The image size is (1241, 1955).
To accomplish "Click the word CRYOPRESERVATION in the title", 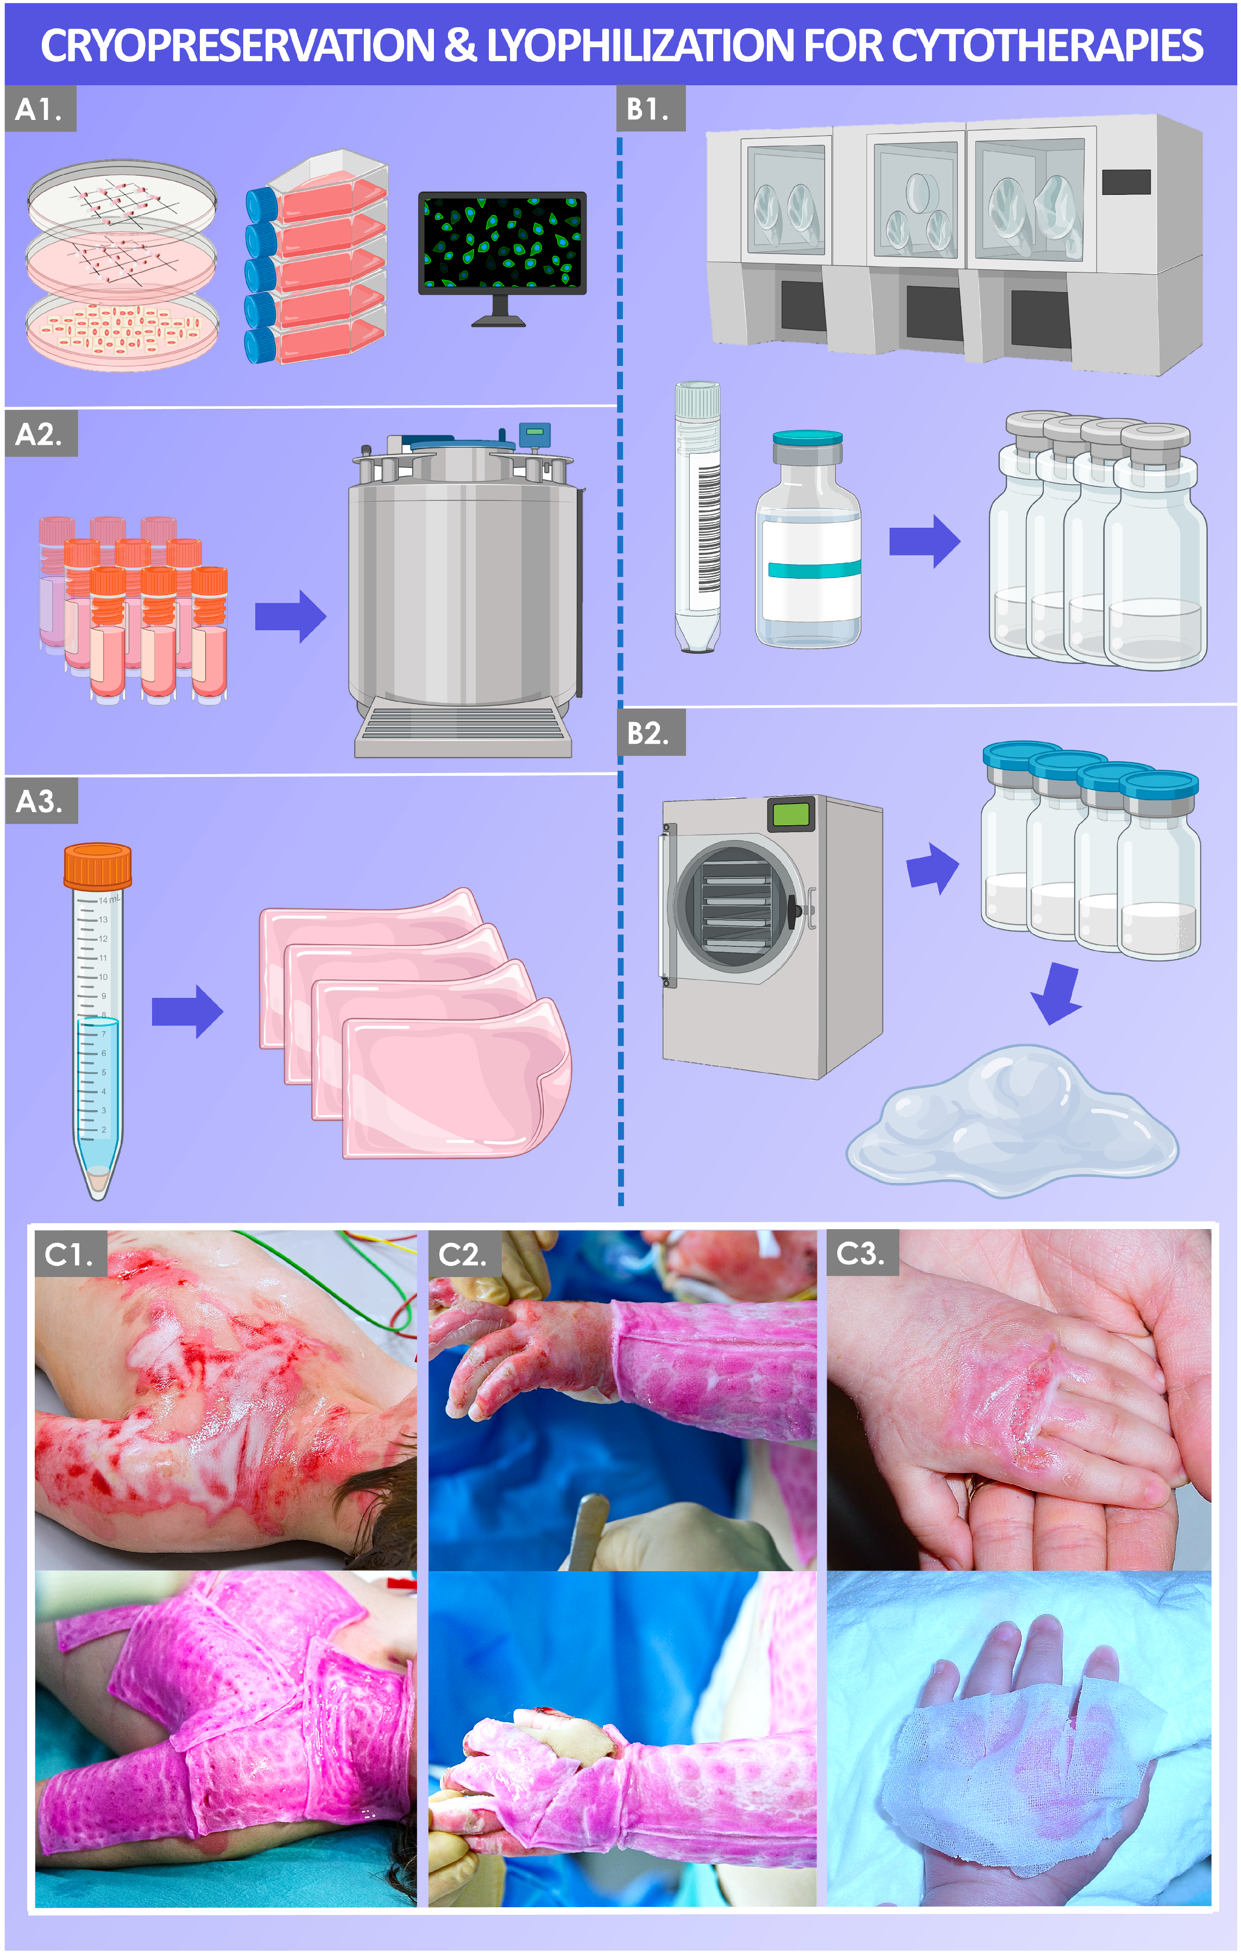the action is click(237, 46).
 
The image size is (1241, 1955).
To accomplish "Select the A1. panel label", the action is click(39, 109).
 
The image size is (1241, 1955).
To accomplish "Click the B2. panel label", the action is click(650, 733).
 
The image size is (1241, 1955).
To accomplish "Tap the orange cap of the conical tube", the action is click(97, 866).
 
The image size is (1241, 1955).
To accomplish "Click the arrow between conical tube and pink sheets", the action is click(187, 1011).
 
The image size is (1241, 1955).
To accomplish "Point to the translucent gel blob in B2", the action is click(1012, 1121).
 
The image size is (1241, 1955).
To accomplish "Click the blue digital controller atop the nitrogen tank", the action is click(534, 435).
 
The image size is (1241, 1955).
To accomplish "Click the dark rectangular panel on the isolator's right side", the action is click(1126, 182).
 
